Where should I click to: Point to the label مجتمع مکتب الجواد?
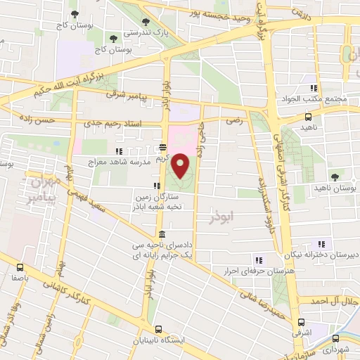pyautogui.click(x=322, y=98)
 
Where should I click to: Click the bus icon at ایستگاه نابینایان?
pyautogui.click(x=159, y=328)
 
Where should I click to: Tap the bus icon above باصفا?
pyautogui.click(x=20, y=267)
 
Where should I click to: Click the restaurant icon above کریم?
pyautogui.click(x=162, y=148)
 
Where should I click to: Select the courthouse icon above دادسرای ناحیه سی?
pyautogui.click(x=162, y=234)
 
